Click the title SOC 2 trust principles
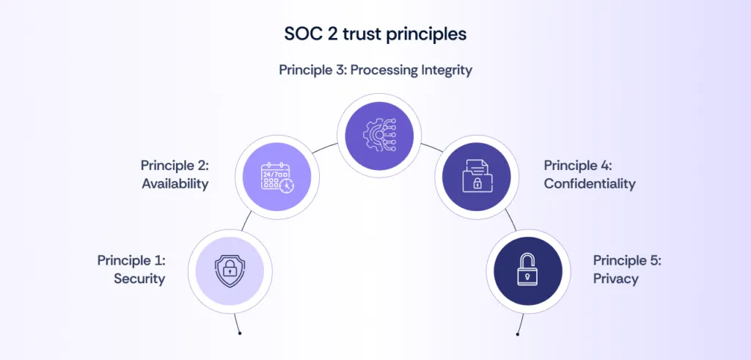(375, 34)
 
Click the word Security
(139, 279)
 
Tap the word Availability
(175, 184)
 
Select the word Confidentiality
(590, 184)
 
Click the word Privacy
(616, 279)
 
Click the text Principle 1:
(132, 260)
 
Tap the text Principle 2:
(175, 166)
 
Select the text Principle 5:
(628, 260)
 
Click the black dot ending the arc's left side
(240, 334)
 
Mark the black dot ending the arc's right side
(518, 334)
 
